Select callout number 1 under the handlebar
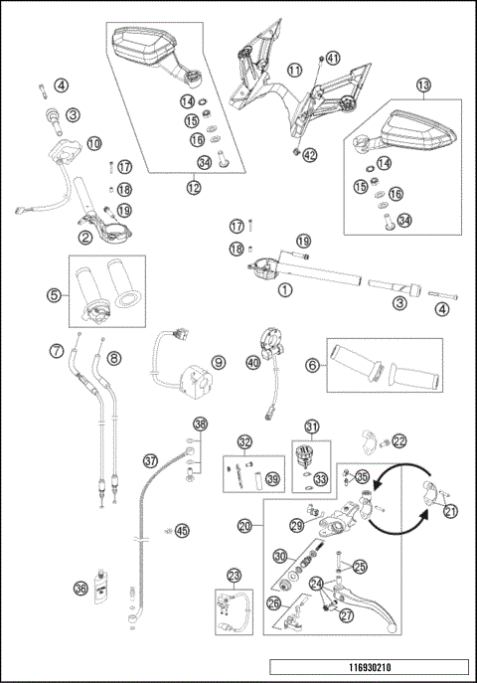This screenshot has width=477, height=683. [286, 291]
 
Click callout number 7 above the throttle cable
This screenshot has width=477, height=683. [57, 349]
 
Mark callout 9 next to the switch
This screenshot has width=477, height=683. [218, 364]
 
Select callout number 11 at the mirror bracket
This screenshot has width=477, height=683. [295, 70]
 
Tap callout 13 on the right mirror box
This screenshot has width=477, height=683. [424, 87]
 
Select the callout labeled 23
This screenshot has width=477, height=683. [234, 575]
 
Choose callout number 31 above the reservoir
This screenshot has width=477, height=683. [312, 428]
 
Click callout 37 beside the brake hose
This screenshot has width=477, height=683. [150, 461]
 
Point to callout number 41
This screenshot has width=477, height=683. [333, 58]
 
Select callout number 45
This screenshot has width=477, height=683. [181, 530]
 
